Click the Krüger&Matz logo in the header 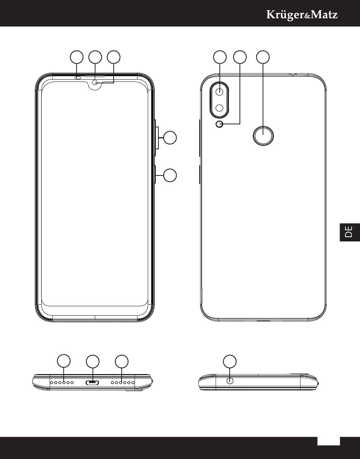[302, 15]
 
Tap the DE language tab [350, 232]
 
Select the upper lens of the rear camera [219, 91]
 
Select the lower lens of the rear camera [219, 108]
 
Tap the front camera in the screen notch [95, 82]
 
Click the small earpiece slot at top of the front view [78, 78]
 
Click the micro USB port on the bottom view [92, 382]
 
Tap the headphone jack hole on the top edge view [230, 381]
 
